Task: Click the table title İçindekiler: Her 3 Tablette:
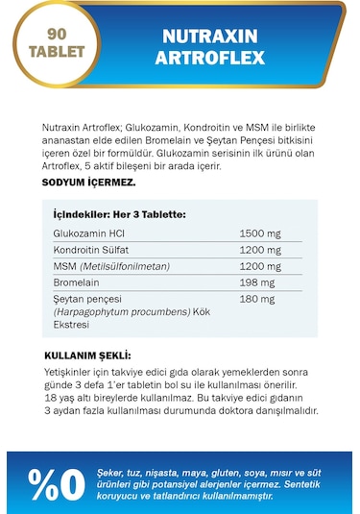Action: pos(120,214)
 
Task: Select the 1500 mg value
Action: pos(260,233)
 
